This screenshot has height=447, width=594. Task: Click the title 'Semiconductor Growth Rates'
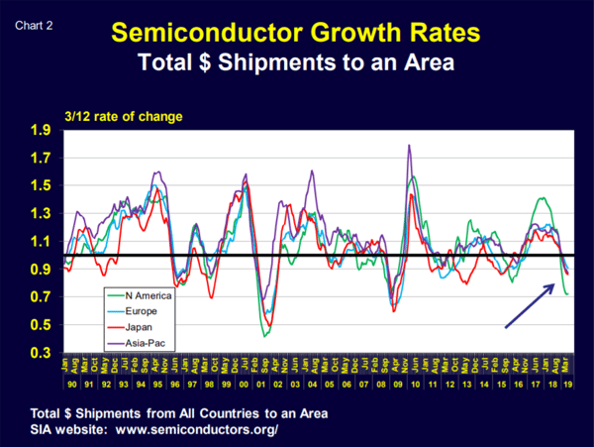point(297,33)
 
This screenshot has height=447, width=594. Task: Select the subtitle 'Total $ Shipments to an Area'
point(297,64)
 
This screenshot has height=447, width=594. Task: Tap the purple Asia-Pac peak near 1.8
point(409,146)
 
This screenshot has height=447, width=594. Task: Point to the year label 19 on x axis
point(567,383)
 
